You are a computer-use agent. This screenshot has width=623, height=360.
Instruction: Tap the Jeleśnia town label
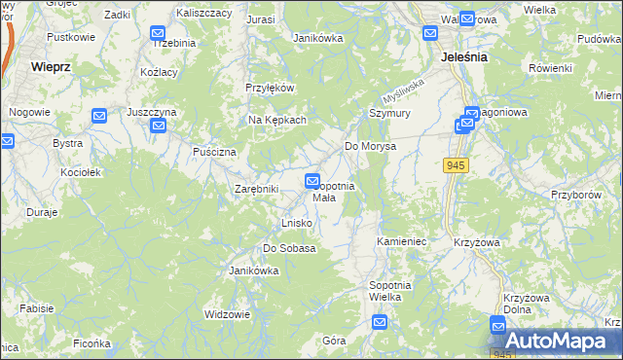(x=463, y=57)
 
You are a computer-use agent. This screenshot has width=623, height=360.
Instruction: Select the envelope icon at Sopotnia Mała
(x=312, y=181)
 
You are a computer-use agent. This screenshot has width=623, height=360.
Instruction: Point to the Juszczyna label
(x=151, y=113)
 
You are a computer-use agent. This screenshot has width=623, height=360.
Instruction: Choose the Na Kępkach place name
(x=277, y=120)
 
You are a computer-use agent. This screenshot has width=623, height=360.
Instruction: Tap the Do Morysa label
(x=370, y=146)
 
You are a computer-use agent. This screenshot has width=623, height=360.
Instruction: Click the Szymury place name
(x=389, y=113)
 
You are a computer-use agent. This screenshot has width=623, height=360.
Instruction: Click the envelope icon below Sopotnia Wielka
(x=380, y=323)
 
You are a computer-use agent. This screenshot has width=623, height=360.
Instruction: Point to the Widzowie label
(x=227, y=314)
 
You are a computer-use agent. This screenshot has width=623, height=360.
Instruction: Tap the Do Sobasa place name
(x=289, y=248)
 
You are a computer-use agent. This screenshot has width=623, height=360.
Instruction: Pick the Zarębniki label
(x=257, y=189)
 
